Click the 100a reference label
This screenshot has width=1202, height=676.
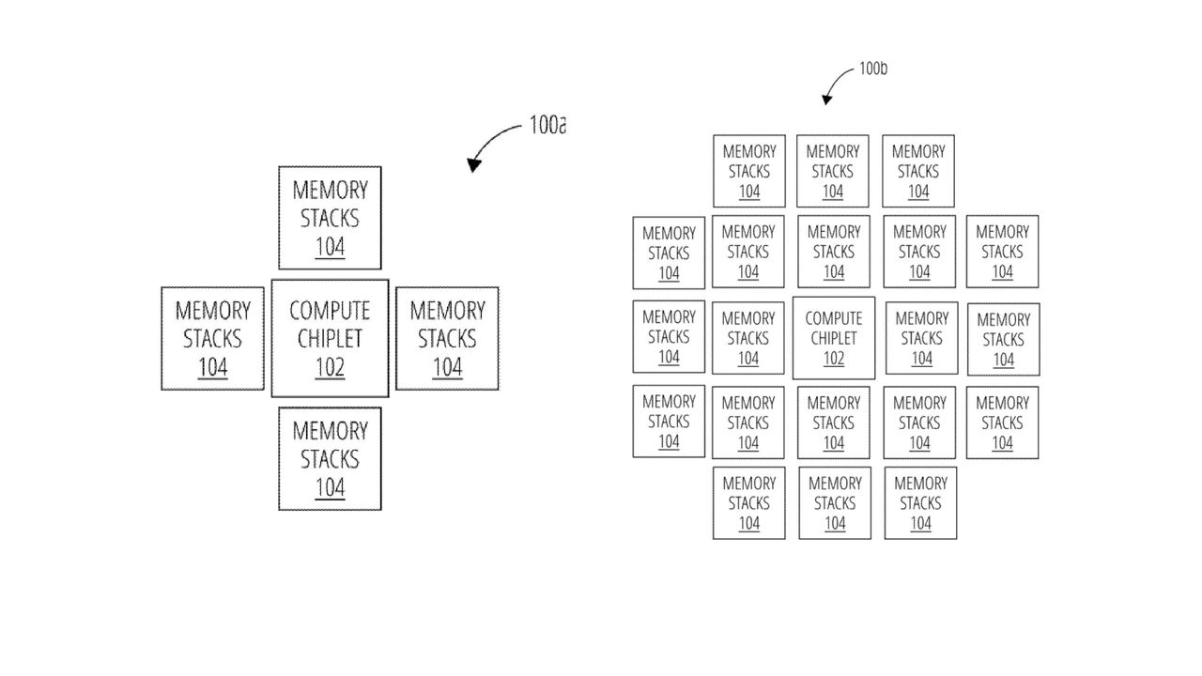point(547,125)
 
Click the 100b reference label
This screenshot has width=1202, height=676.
point(872,69)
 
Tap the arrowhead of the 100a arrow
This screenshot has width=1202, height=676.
point(474,166)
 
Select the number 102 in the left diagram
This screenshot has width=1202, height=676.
point(330,367)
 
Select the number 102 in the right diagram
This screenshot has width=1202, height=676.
point(834,359)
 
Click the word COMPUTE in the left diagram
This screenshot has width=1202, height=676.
point(330,311)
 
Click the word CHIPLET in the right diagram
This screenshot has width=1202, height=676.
point(834,338)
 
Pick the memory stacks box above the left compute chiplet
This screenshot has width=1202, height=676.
point(330,218)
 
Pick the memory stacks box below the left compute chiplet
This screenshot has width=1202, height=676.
point(330,458)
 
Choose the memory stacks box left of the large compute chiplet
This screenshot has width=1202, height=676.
point(212,338)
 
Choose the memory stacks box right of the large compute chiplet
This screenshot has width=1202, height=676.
point(447,338)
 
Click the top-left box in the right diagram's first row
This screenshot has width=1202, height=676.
point(748,171)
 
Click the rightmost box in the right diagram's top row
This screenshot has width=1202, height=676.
point(918,171)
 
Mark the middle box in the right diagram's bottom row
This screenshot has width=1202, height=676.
point(835,503)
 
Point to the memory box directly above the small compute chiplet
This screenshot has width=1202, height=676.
point(834,252)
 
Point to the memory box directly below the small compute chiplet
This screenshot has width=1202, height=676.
point(834,422)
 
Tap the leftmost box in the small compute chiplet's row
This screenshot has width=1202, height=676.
point(669,336)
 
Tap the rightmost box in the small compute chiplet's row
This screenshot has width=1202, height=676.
point(1003,339)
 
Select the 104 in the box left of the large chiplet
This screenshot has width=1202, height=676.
point(212,367)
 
